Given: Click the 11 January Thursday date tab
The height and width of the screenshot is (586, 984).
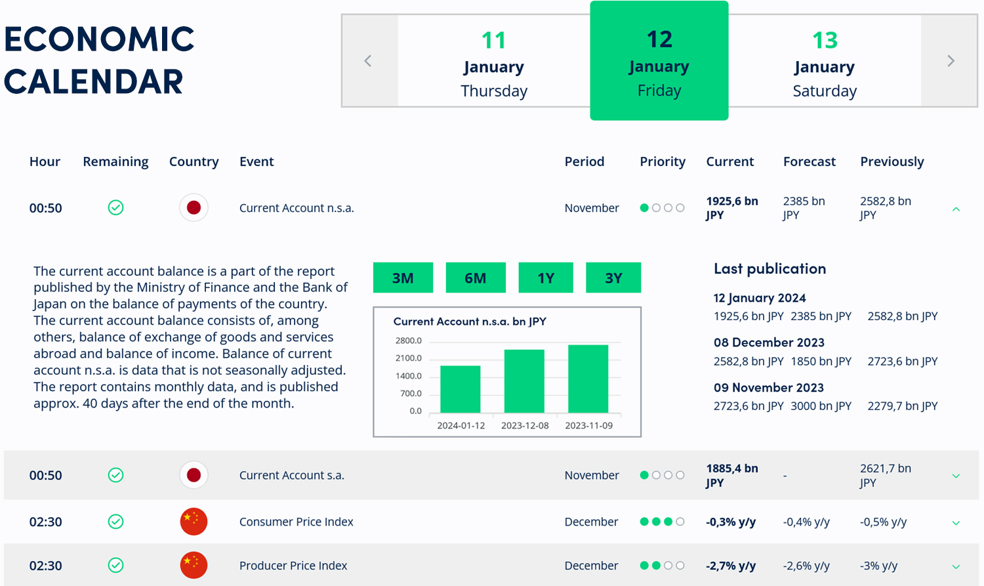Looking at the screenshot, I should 494,61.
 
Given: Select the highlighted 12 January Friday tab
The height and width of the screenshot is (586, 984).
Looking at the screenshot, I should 659,61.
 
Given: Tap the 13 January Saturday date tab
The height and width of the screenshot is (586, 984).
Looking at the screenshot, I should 825,61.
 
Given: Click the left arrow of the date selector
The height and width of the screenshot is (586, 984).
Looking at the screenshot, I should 368,61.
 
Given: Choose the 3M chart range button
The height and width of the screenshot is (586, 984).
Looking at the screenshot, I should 403,278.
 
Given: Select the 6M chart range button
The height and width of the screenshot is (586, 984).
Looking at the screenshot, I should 475,278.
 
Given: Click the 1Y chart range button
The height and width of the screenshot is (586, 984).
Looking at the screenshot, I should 546,278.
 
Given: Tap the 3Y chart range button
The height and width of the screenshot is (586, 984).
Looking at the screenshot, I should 613,278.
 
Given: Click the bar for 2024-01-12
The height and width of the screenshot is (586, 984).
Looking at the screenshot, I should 461,388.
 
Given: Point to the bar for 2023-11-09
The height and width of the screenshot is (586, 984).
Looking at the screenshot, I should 588,379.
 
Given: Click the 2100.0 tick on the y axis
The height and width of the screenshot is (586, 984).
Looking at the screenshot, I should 408,358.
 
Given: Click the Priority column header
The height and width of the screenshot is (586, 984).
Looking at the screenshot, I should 663,161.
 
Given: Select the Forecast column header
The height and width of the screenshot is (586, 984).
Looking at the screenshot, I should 809,161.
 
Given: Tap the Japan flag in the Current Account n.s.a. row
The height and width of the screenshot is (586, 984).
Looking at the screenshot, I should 194,208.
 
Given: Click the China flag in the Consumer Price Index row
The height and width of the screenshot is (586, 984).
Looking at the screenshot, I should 194,522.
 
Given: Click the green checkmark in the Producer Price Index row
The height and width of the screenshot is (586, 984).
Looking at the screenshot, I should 115,565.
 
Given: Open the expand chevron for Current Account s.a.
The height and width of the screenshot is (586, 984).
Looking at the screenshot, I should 956,476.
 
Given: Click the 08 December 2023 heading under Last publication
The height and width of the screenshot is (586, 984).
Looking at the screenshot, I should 769,343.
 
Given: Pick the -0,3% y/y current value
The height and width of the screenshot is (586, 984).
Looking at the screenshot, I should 731,522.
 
